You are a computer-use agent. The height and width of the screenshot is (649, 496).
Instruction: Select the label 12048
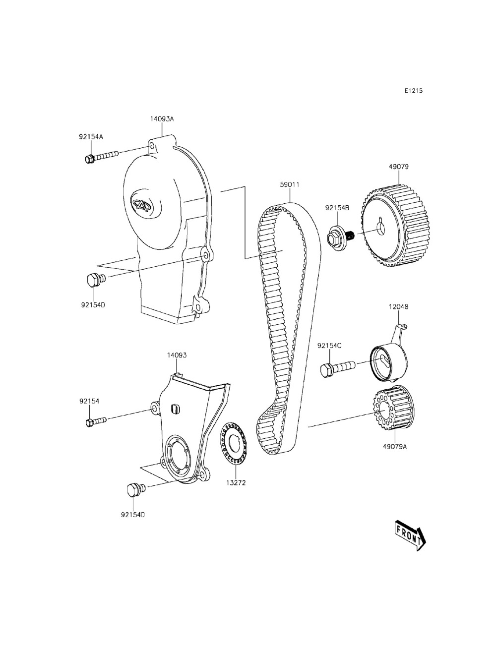398,307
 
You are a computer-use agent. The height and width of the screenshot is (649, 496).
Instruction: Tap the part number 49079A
395,447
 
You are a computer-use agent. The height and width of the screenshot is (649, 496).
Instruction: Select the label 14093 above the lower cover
177,355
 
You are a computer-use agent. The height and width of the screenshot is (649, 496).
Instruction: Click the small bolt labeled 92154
96,421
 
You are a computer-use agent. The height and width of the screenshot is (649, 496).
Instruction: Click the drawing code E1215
413,91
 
